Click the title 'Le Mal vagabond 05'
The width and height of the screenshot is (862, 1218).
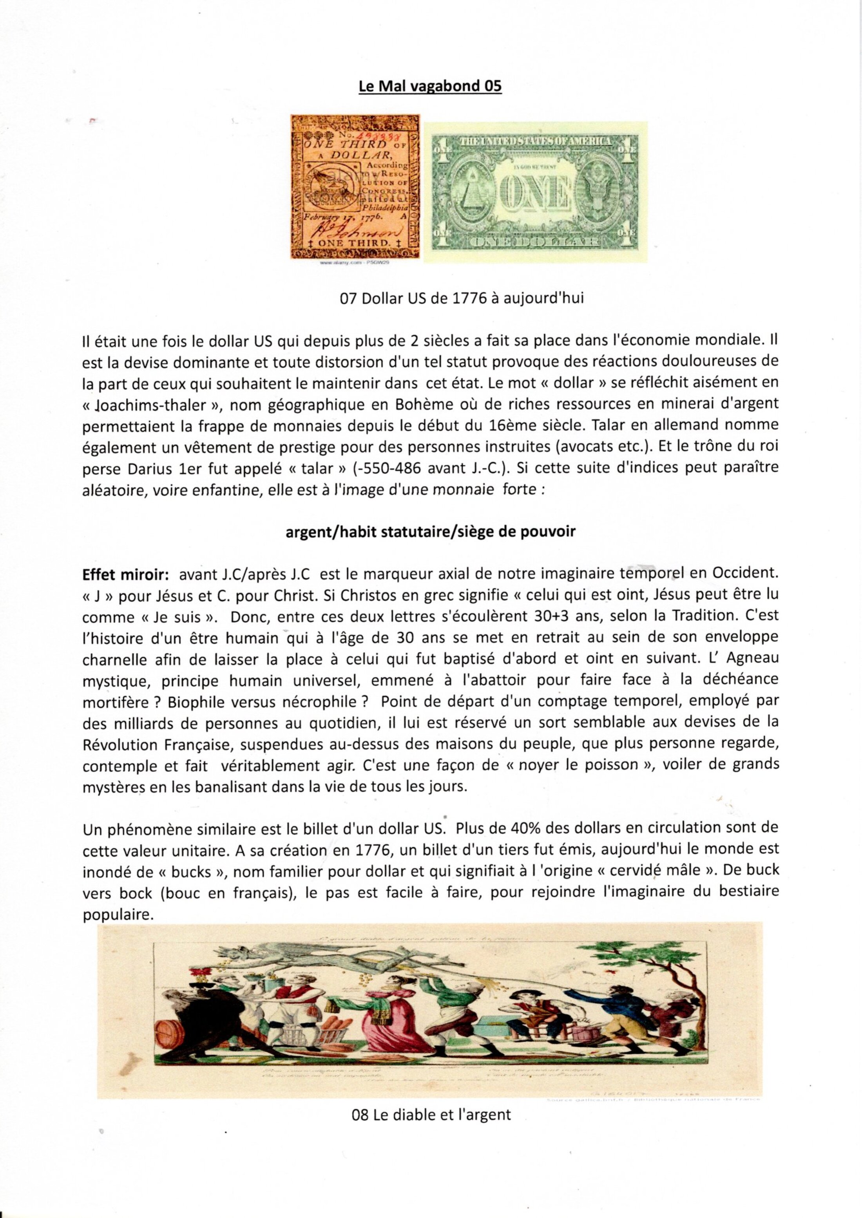[x=430, y=86]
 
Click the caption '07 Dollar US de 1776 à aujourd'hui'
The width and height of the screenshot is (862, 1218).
[x=461, y=298]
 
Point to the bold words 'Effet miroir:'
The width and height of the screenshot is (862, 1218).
[x=126, y=575]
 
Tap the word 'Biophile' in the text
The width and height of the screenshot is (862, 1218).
[x=193, y=702]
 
